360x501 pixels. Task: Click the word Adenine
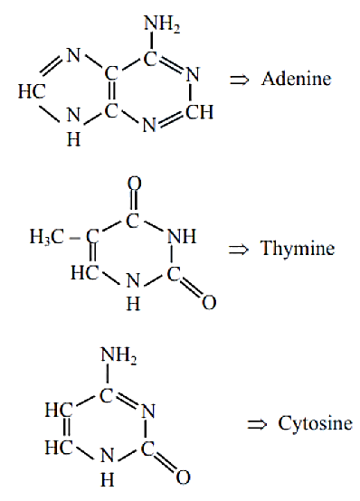tap(296, 79)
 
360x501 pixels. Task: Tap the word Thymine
tap(298, 249)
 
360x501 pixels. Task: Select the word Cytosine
tap(316, 423)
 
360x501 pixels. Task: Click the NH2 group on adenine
tap(162, 24)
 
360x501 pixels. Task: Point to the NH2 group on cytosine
tap(118, 355)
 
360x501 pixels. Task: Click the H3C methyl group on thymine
tap(47, 238)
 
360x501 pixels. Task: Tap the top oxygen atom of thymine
tap(134, 184)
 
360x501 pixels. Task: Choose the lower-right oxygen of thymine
tap(209, 302)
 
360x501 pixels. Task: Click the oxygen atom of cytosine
tap(184, 477)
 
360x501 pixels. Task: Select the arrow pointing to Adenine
tap(239, 80)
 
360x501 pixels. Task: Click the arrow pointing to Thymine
tap(238, 250)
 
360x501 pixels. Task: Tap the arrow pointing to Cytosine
tap(257, 425)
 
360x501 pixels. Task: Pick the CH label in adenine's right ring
tap(200, 112)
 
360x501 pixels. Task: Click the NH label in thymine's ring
tap(182, 237)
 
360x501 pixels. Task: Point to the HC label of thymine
tap(85, 273)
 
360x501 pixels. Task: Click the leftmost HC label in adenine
tap(32, 91)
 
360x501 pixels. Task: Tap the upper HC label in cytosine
tap(59, 410)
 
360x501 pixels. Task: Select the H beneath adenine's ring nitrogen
tap(74, 139)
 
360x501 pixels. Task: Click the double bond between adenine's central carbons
tap(111, 93)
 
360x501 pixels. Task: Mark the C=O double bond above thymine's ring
tap(134, 202)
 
